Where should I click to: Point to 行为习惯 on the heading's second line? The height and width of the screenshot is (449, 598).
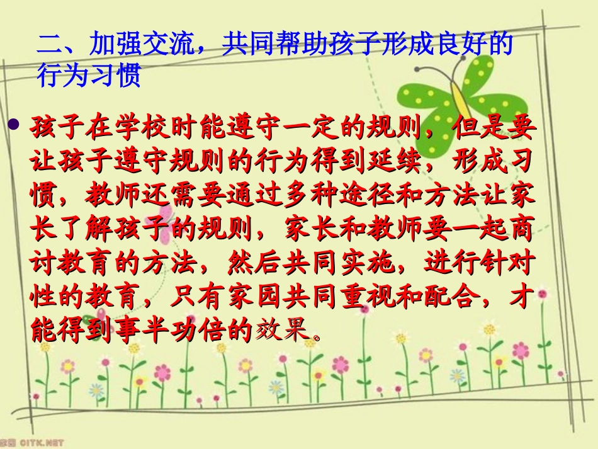coord(88,76)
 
